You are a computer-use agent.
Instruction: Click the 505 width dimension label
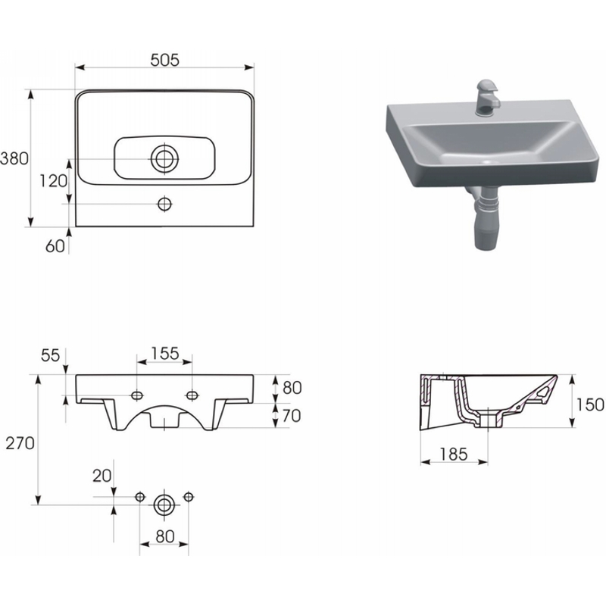tap(164, 61)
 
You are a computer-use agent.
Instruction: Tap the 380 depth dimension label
tap(14, 158)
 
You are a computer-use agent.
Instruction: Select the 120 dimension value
tap(54, 181)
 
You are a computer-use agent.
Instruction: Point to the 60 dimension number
tap(55, 245)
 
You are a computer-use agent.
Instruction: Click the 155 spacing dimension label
tap(165, 354)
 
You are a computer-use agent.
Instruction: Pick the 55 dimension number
tap(50, 355)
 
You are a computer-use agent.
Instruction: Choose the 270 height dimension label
tap(20, 443)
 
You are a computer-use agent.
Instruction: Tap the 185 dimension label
tap(454, 454)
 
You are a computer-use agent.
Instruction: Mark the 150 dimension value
tap(590, 405)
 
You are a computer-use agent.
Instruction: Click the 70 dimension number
tap(292, 416)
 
